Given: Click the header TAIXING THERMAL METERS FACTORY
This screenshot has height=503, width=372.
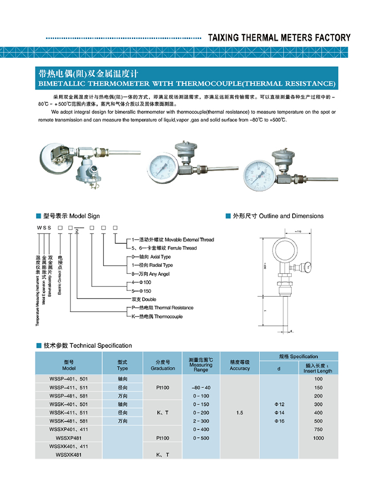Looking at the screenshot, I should [279, 38].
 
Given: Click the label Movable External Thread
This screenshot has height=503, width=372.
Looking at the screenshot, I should [173, 239].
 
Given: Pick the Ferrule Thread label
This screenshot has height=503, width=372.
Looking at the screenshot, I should [164, 248].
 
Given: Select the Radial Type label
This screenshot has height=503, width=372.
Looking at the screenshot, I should [149, 265].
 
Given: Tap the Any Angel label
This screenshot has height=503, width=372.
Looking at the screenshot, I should [147, 274].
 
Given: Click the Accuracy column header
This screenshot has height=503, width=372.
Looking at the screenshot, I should [240, 365].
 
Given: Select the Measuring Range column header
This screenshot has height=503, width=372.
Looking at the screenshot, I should [201, 365].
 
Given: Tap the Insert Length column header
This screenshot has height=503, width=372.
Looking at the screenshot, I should [318, 369].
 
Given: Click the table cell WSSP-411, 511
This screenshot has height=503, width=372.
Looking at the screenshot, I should [69, 387].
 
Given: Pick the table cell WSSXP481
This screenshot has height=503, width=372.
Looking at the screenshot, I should [69, 438].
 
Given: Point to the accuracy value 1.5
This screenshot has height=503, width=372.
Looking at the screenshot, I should [240, 413].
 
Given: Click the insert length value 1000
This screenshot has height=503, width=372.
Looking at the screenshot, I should [318, 438].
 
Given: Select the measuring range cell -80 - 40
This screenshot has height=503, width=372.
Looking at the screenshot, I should [201, 387].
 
